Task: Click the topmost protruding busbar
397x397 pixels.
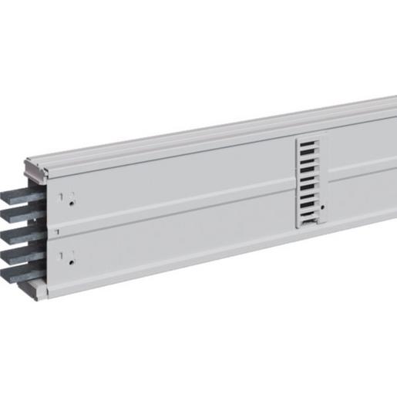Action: (16, 190)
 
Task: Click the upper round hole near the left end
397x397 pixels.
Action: (71, 204)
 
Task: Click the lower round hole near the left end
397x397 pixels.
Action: (71, 263)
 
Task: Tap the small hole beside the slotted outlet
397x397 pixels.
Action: (323, 207)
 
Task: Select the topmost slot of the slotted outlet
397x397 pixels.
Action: (307, 143)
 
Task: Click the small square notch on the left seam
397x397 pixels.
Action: (55, 230)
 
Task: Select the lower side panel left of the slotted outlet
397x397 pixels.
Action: (177, 243)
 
